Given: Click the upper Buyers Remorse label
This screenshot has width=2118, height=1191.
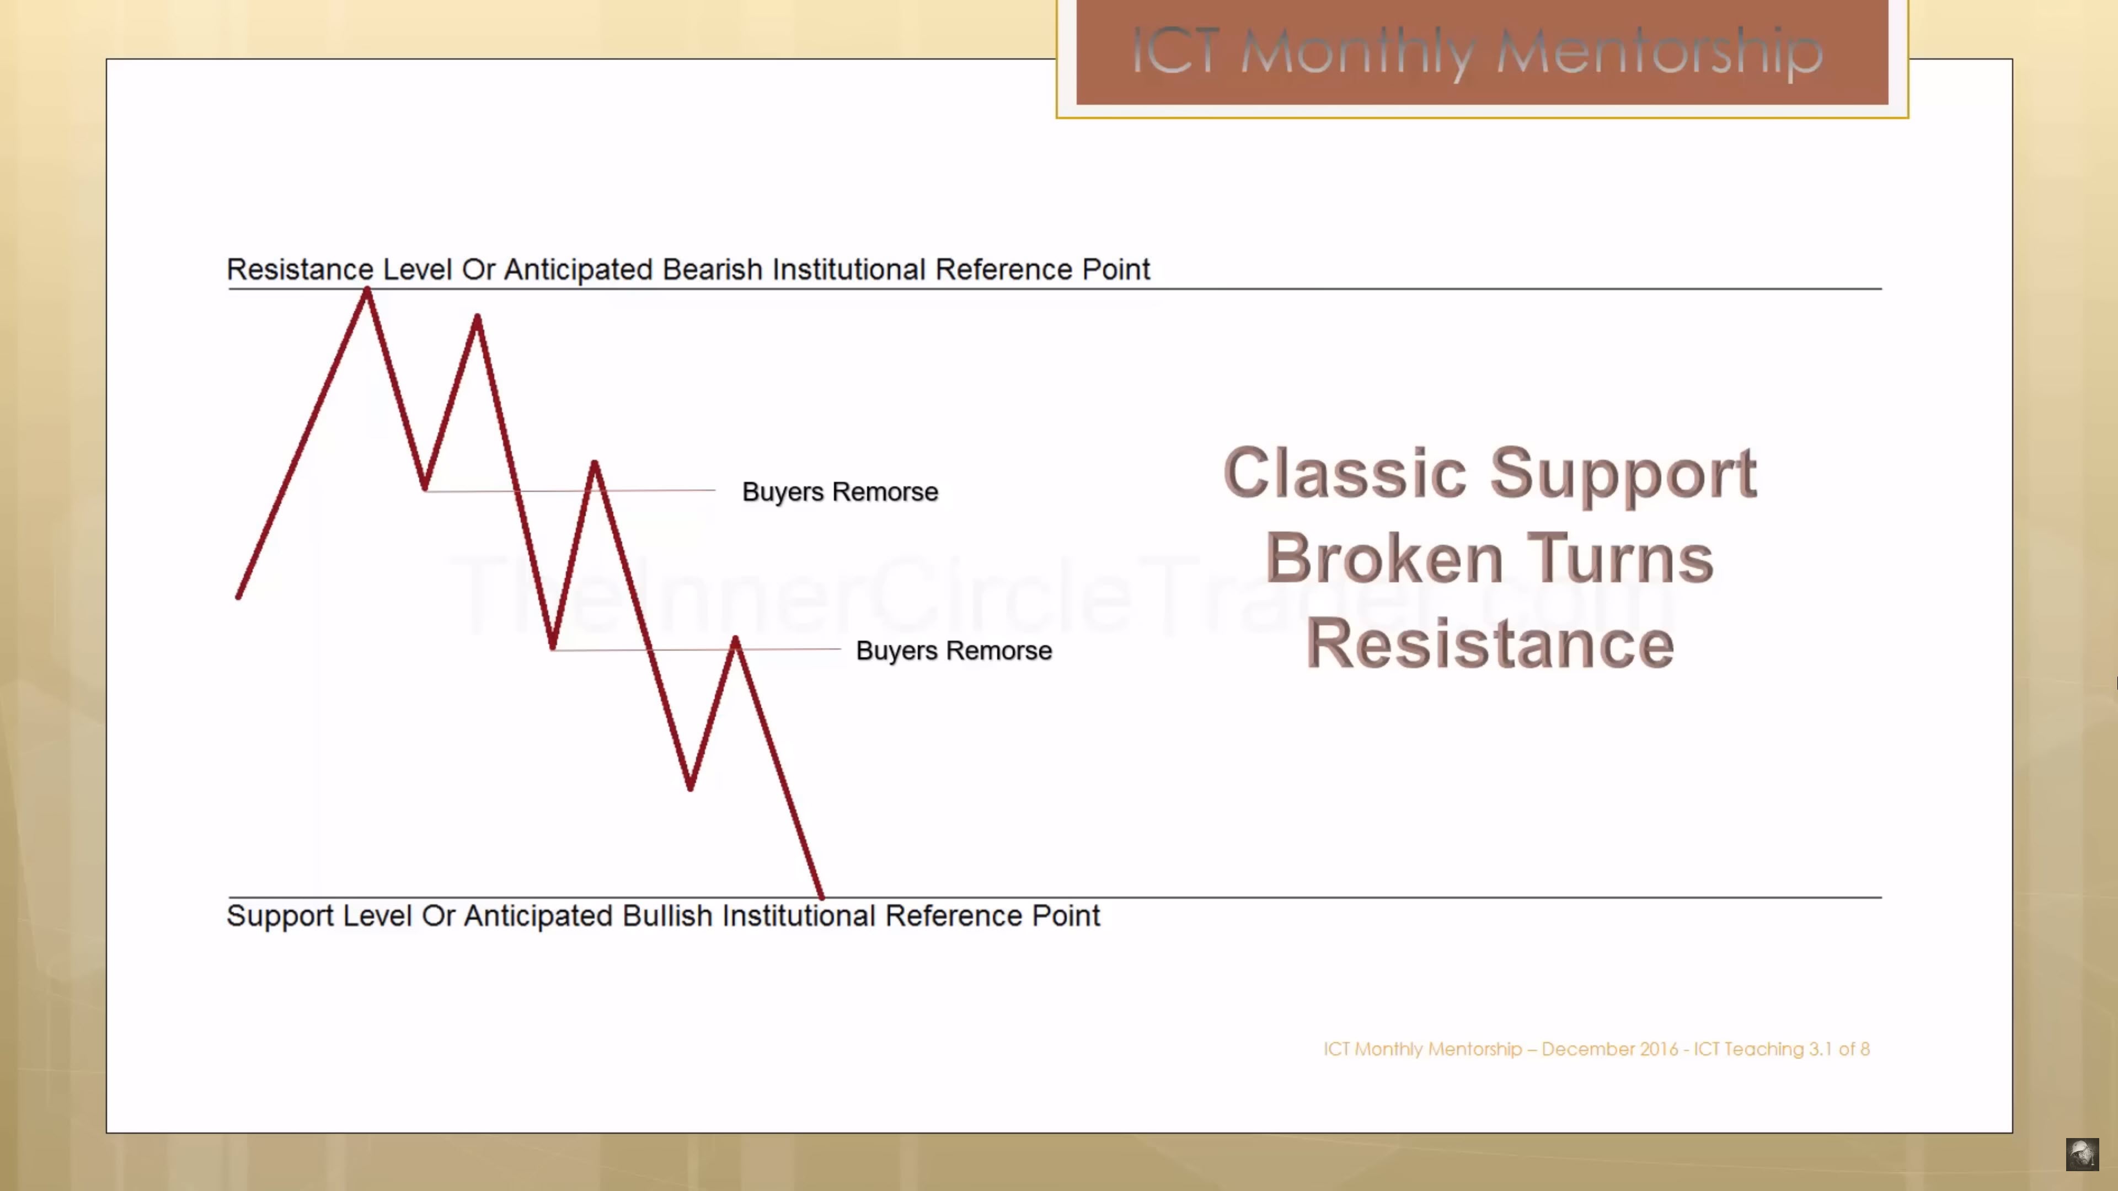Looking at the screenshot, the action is (839, 491).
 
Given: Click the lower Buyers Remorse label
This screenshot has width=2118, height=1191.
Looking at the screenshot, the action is (954, 650).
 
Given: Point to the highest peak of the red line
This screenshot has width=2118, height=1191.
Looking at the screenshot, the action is (367, 290).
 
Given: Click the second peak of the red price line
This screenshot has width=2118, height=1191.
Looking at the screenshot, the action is (477, 317).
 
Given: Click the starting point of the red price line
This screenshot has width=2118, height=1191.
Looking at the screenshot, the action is (238, 596).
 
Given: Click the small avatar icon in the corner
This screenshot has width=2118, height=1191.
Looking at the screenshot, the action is (2082, 1154).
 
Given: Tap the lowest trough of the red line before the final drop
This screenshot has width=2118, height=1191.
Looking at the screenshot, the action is (690, 787).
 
